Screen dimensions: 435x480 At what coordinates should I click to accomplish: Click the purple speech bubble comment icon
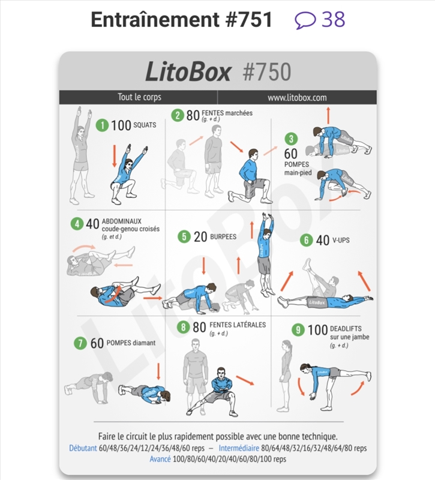click(305, 20)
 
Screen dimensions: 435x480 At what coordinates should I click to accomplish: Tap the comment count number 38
click(333, 20)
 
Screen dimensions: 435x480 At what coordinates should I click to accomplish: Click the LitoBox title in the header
click(188, 71)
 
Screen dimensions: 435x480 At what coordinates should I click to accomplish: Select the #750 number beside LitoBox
click(266, 72)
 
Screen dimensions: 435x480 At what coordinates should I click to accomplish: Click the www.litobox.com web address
click(297, 98)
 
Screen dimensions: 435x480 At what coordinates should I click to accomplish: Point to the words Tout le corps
click(140, 97)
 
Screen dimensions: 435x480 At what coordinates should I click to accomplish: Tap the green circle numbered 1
click(102, 125)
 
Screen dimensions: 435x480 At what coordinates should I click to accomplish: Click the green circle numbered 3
click(291, 139)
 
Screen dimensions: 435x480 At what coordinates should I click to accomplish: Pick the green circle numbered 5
click(184, 236)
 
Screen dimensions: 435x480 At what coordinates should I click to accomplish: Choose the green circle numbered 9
click(298, 329)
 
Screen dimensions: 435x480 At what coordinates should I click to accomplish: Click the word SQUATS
click(145, 125)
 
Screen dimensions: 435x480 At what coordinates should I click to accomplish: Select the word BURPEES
click(223, 236)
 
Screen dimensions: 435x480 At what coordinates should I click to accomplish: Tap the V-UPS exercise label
click(341, 241)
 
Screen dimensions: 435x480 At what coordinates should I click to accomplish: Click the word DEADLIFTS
click(346, 328)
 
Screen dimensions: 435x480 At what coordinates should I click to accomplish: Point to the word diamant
click(144, 343)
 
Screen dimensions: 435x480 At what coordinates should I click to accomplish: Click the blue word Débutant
click(83, 448)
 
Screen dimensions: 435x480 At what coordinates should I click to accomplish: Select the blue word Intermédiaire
click(239, 448)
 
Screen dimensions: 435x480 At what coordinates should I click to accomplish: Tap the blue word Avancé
click(160, 459)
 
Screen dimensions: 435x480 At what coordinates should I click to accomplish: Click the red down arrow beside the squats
click(115, 156)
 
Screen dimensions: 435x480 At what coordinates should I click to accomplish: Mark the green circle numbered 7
click(80, 343)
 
